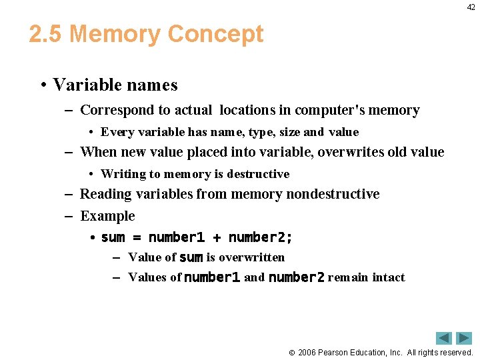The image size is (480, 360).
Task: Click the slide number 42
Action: (x=471, y=7)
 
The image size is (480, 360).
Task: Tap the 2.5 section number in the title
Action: (x=46, y=34)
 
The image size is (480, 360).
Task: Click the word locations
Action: (x=244, y=111)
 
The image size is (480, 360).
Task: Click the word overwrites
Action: (x=351, y=152)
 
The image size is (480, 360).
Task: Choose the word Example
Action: (x=107, y=216)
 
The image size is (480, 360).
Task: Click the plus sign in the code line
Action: (x=217, y=238)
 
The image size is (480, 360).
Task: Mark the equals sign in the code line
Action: (x=137, y=238)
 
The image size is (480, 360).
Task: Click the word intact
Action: (x=389, y=277)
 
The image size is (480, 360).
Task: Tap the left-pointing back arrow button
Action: (x=444, y=338)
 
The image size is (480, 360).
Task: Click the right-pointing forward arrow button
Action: (x=464, y=338)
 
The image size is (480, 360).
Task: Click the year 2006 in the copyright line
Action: (x=306, y=352)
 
